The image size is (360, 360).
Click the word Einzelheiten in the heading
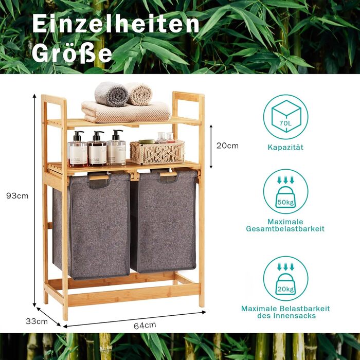pos(116,23)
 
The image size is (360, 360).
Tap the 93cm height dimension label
pos(17,196)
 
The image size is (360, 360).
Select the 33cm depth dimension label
pos(37,321)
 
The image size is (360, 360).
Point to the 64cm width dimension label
pos(145,326)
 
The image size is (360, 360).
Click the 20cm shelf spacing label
pos(227,146)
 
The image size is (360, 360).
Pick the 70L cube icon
pos(286,117)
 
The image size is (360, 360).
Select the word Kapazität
pos(285,147)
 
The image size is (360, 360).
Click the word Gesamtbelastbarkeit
pos(285,229)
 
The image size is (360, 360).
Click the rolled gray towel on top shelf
pos(112,94)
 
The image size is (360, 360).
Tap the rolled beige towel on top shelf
pos(139,94)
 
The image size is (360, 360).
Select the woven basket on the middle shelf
pos(157,152)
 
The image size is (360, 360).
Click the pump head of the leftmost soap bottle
pos(78,134)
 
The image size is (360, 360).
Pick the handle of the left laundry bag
pos(99,178)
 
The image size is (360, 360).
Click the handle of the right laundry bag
pos(168,174)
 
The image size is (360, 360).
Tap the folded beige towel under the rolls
pos(127,112)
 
